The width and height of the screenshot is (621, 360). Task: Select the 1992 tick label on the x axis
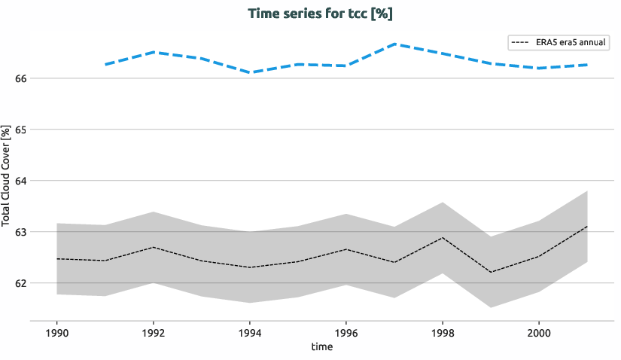click(154, 332)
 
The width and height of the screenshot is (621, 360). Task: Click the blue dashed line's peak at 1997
click(394, 44)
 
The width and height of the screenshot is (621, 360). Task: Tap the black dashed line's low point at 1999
click(491, 272)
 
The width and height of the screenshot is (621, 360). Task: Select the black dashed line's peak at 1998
click(443, 238)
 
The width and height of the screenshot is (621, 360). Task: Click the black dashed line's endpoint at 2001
click(587, 226)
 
